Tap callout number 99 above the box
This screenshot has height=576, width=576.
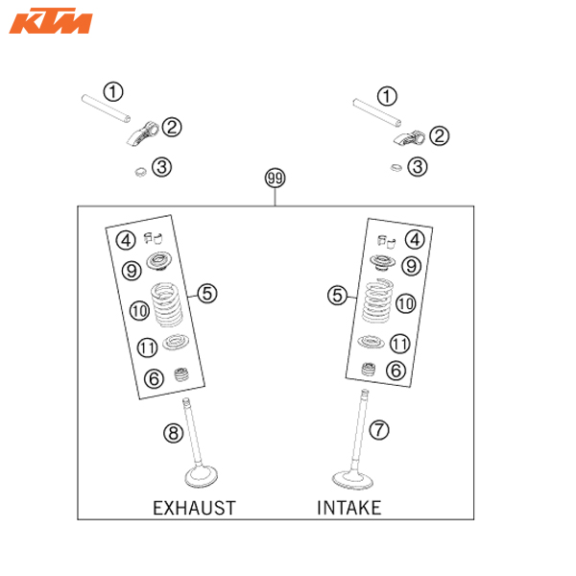click(x=276, y=180)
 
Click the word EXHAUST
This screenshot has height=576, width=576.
click(x=195, y=507)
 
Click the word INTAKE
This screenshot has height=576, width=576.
click(x=348, y=507)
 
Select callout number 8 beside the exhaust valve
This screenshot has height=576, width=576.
click(x=173, y=434)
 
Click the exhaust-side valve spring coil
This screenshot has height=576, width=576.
click(x=170, y=305)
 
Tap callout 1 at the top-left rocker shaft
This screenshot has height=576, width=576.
click(x=114, y=93)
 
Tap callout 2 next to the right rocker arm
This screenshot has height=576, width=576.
click(x=438, y=135)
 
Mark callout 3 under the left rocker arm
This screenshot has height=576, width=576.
click(x=163, y=167)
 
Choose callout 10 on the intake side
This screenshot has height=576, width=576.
click(x=405, y=302)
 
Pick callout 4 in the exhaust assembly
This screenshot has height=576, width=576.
click(x=125, y=240)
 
